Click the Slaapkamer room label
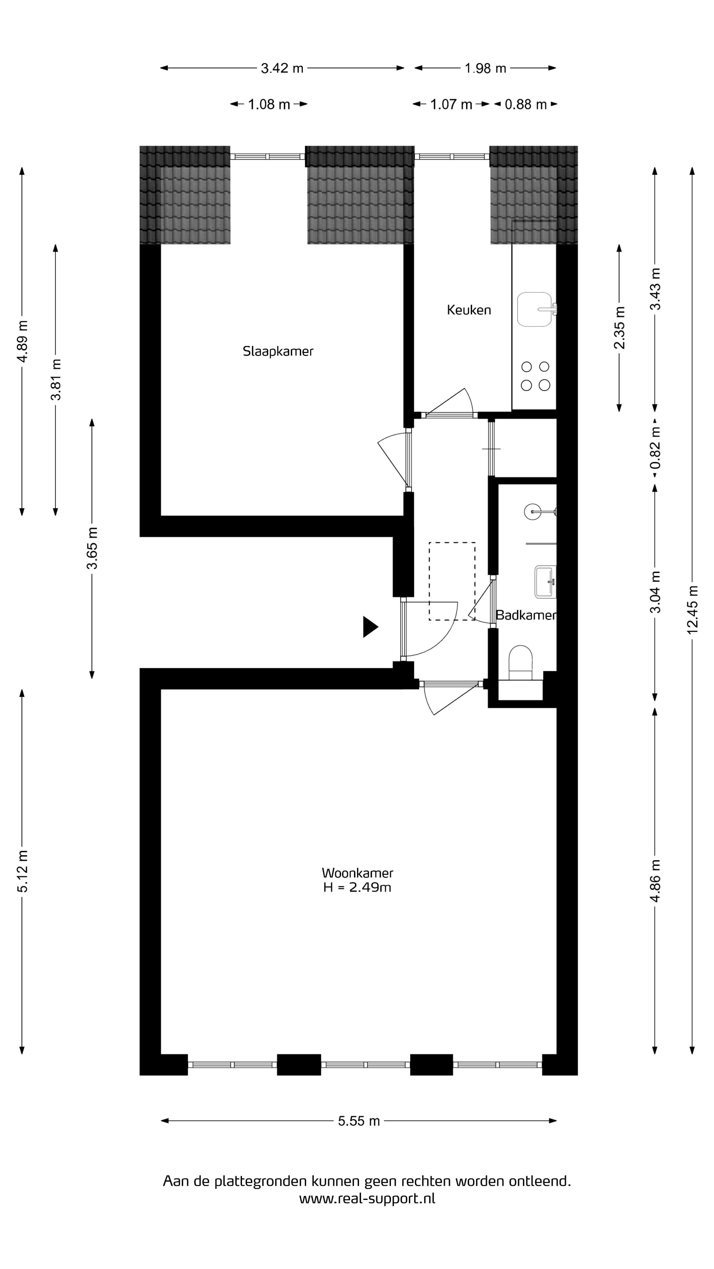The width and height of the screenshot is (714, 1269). [278, 351]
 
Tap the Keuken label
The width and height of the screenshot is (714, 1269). [469, 310]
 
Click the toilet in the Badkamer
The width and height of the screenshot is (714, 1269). [520, 663]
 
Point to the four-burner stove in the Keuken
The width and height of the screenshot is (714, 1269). [535, 375]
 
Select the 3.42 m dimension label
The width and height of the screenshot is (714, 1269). [282, 68]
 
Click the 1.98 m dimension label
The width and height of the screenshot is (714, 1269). [485, 68]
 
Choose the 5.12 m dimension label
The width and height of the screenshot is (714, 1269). [22, 871]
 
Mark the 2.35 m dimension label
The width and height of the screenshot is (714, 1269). [619, 327]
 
